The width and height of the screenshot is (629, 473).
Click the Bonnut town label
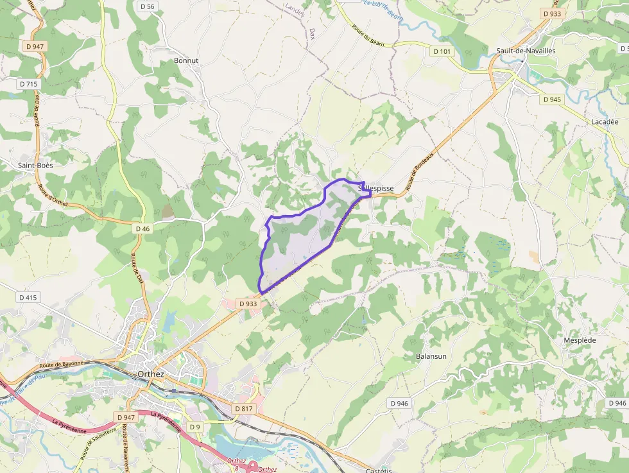pos(186,60)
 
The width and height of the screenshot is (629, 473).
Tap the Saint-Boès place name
pos(35,165)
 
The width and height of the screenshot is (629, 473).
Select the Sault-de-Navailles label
pos(526,50)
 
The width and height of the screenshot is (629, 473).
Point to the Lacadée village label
pos(604,121)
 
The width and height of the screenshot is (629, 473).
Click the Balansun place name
pos(431,356)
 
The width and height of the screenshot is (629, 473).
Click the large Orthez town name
pos(151,374)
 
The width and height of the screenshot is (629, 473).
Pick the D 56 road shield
pos(147,6)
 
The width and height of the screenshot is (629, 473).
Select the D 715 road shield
pos(29,84)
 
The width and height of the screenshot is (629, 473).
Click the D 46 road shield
pos(142,228)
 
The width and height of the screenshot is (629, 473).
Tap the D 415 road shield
pos(29,297)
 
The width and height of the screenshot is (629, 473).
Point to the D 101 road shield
pos(442,51)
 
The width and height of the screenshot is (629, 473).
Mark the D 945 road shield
pos(551,99)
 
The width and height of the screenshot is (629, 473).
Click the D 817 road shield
pos(243,409)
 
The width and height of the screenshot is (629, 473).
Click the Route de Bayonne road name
pos(61,365)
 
